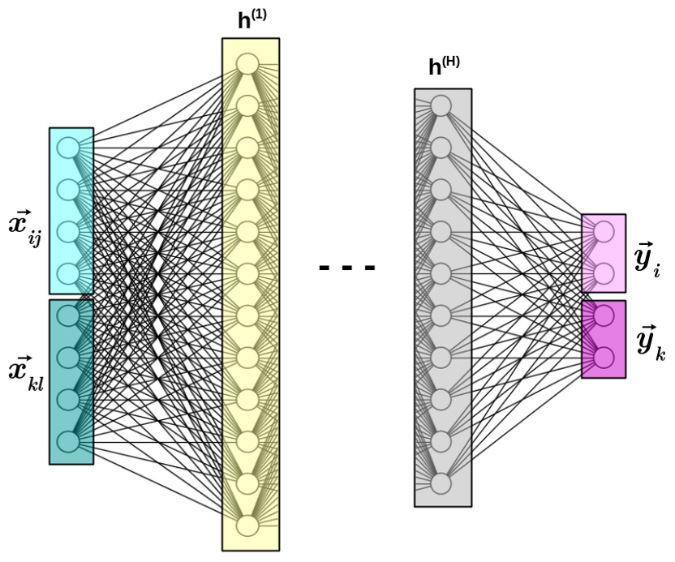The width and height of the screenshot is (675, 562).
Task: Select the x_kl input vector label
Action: point(24,378)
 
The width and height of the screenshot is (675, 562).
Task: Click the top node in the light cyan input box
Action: point(67,148)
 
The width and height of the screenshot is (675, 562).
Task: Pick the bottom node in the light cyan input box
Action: point(67,273)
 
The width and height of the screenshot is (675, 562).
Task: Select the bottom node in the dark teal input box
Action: point(67,442)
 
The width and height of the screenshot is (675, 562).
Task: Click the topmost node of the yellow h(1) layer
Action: point(247,63)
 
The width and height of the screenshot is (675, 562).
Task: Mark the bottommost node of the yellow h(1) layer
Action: point(247,526)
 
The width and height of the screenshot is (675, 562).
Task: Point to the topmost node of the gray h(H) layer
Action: point(441,105)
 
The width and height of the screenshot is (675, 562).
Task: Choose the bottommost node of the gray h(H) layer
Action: point(441,484)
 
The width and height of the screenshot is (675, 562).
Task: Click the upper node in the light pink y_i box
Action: point(604,232)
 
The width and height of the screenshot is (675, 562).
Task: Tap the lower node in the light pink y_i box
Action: point(604,273)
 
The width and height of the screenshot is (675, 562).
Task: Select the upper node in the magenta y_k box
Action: point(604,315)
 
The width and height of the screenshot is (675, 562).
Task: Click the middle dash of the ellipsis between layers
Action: point(347,267)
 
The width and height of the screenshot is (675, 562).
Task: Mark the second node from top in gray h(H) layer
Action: point(441,148)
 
